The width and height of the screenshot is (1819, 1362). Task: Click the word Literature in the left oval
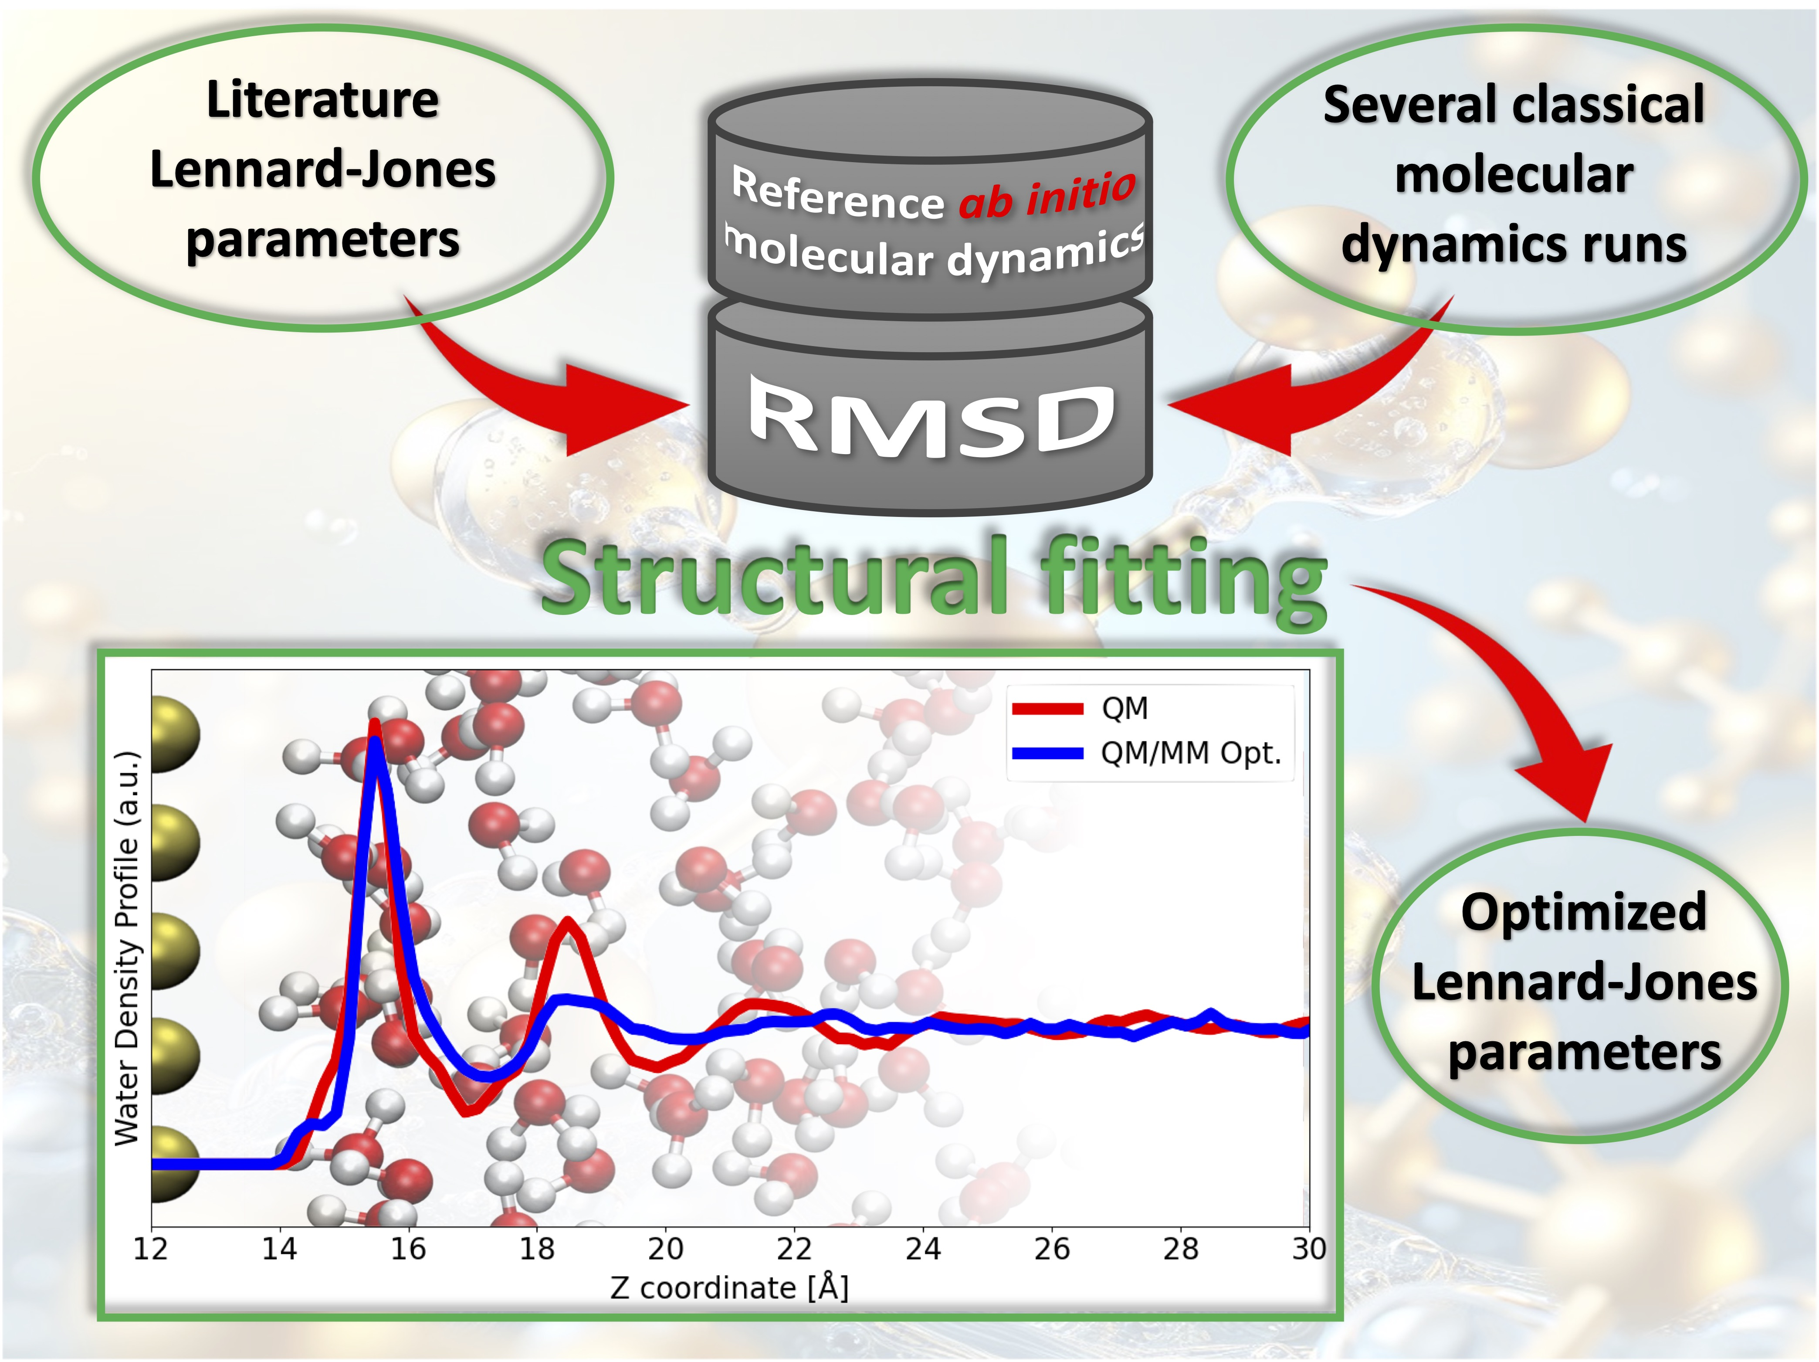click(x=322, y=100)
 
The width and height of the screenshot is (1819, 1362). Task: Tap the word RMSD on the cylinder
click(x=932, y=418)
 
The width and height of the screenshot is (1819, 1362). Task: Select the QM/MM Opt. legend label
click(x=1191, y=753)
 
